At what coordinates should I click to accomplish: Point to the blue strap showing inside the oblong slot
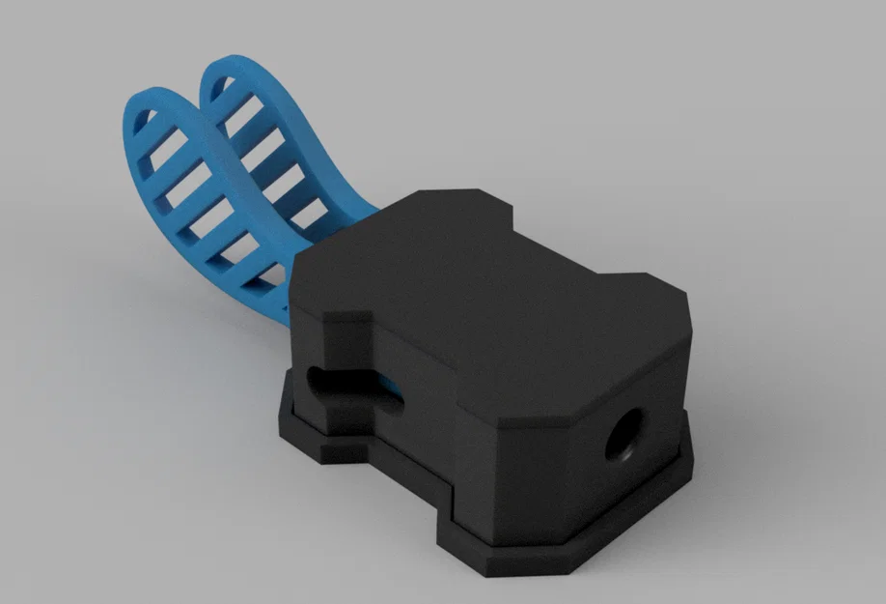[x=388, y=390]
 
